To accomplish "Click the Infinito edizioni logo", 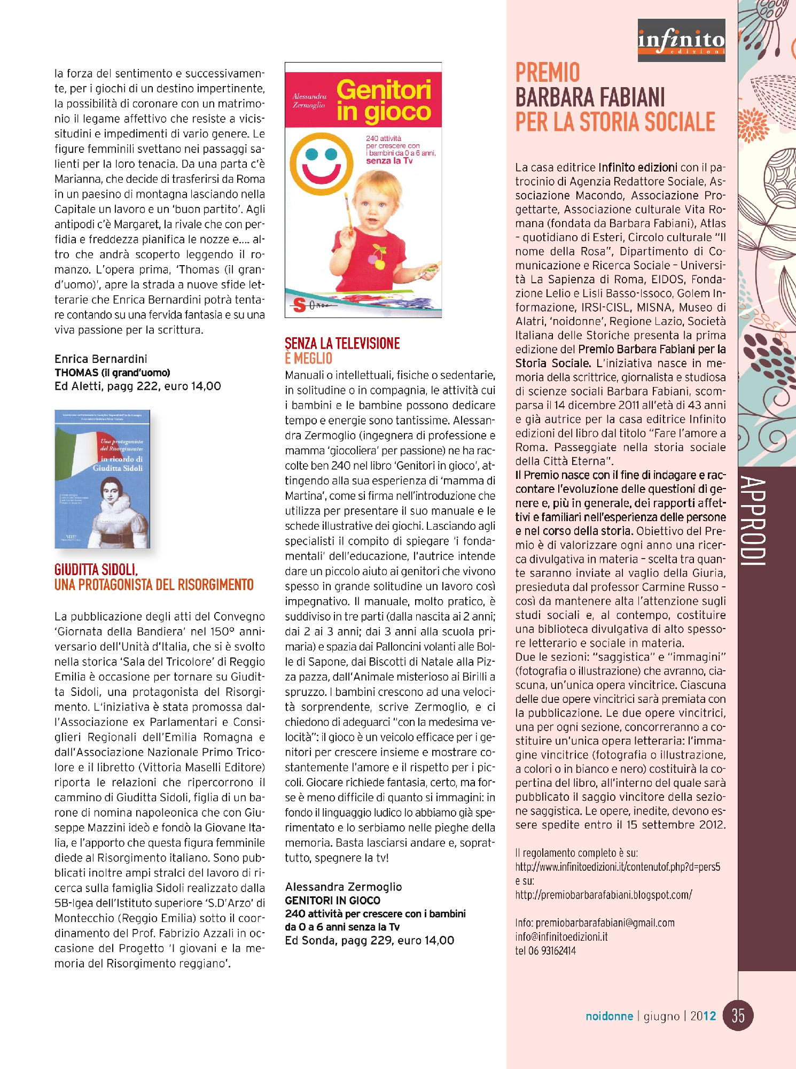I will [x=681, y=40].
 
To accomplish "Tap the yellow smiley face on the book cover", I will [x=322, y=164].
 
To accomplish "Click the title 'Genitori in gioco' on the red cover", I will [x=384, y=100].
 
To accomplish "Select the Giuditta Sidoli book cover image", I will [x=102, y=479].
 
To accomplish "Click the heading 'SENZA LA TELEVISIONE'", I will [x=342, y=344].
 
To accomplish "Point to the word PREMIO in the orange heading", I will [x=547, y=73].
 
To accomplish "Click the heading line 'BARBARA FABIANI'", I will [x=590, y=98].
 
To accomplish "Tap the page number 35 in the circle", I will [x=738, y=1016].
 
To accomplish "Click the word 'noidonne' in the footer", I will [x=609, y=1016].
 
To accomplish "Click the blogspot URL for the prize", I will [x=604, y=895].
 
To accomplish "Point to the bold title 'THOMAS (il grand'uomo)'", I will [x=112, y=373].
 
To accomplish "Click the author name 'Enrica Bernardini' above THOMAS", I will [x=100, y=359].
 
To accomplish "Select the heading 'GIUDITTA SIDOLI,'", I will [x=96, y=570].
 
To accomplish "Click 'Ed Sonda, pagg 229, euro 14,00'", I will [x=369, y=941].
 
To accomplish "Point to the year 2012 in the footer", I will [x=703, y=1016].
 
